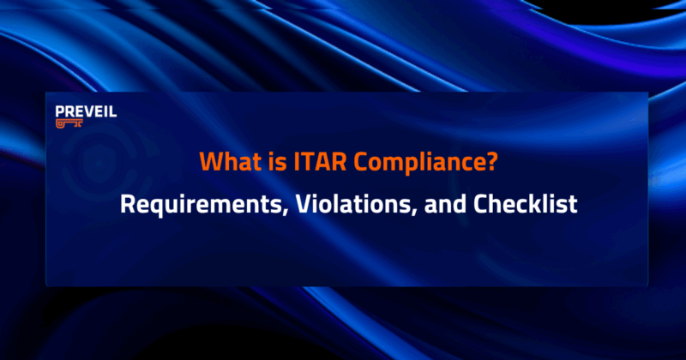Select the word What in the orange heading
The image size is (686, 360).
point(222,161)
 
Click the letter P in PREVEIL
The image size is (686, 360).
point(58,111)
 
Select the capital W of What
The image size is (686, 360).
point(208,161)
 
